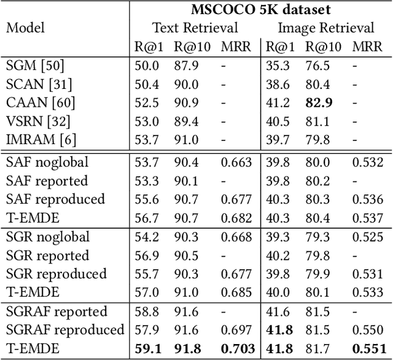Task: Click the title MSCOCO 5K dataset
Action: click(260, 9)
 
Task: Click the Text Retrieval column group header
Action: click(195, 28)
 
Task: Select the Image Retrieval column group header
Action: click(325, 28)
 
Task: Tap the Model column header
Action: click(25, 28)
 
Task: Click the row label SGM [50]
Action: click(34, 65)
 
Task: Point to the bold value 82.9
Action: click(317, 102)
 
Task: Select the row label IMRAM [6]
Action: click(41, 140)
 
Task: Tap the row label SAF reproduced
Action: click(55, 199)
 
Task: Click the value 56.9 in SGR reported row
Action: click(146, 256)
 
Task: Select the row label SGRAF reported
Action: click(56, 312)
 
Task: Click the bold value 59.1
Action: click(146, 349)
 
